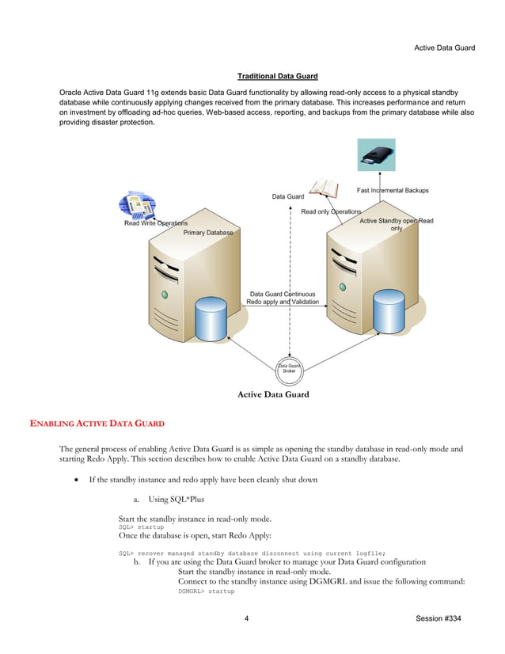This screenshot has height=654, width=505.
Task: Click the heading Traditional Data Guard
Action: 277,76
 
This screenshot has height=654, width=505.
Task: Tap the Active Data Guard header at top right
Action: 444,48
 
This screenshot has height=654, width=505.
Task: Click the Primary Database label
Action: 208,233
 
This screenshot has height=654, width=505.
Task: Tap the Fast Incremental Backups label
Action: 393,190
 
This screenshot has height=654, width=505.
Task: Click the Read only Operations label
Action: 330,211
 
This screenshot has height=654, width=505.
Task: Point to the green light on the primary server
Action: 165,294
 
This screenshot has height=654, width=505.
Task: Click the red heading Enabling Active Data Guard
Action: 97,424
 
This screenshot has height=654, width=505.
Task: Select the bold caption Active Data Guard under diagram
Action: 273,394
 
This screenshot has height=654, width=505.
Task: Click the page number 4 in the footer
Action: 247,618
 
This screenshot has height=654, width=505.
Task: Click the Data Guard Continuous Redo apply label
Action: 283,298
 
